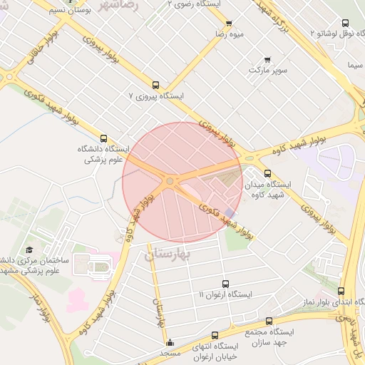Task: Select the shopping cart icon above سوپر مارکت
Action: point(267,59)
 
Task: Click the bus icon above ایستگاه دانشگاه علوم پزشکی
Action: point(104,139)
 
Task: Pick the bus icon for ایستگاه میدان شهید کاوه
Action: point(267,173)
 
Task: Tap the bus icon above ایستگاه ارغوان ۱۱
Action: point(225,284)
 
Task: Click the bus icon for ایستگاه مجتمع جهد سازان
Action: point(269,322)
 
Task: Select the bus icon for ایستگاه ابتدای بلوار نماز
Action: point(341,292)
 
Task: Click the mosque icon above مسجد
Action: point(169,342)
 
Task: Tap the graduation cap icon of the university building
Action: point(29,250)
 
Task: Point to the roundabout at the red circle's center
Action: point(170,181)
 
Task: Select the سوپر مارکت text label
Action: point(267,71)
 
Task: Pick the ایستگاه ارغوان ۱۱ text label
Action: point(225,294)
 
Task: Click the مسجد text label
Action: point(170,354)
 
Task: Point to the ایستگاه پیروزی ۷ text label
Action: point(160,95)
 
